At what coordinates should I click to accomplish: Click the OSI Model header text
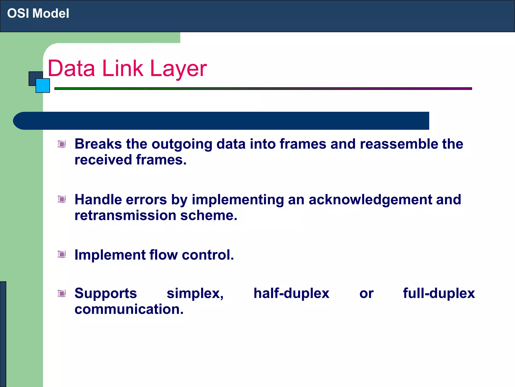[x=38, y=13]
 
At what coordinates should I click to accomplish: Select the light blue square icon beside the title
[x=43, y=86]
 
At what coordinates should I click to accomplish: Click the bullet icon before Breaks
[x=62, y=144]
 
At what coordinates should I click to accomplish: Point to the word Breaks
[x=98, y=144]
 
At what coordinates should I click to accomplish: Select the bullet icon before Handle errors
[x=62, y=199]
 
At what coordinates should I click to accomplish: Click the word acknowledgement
[x=370, y=200]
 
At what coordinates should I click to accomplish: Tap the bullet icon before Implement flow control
[x=62, y=254]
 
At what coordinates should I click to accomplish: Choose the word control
[x=208, y=255]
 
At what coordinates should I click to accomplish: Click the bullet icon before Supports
[x=62, y=293]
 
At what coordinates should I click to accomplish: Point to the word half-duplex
[x=291, y=294]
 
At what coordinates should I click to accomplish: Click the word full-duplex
[x=439, y=294]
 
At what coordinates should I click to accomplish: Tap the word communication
[x=129, y=309]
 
